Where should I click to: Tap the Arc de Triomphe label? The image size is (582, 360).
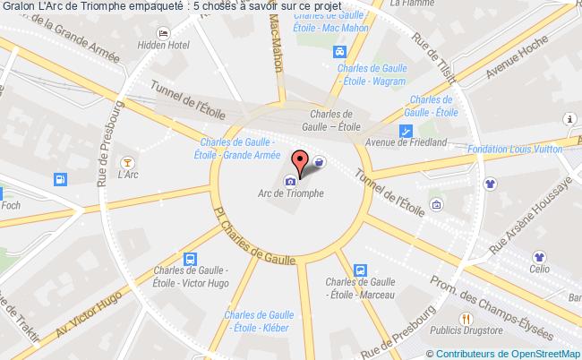coord(290,193)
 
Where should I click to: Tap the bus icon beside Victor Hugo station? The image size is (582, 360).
coord(189,259)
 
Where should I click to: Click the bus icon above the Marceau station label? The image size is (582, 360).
coord(359,270)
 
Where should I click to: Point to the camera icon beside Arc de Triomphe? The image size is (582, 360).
coord(290,181)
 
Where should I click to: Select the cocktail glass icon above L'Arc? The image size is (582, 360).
coord(129,162)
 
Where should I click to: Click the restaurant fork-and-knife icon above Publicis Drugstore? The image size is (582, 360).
coord(467,318)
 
